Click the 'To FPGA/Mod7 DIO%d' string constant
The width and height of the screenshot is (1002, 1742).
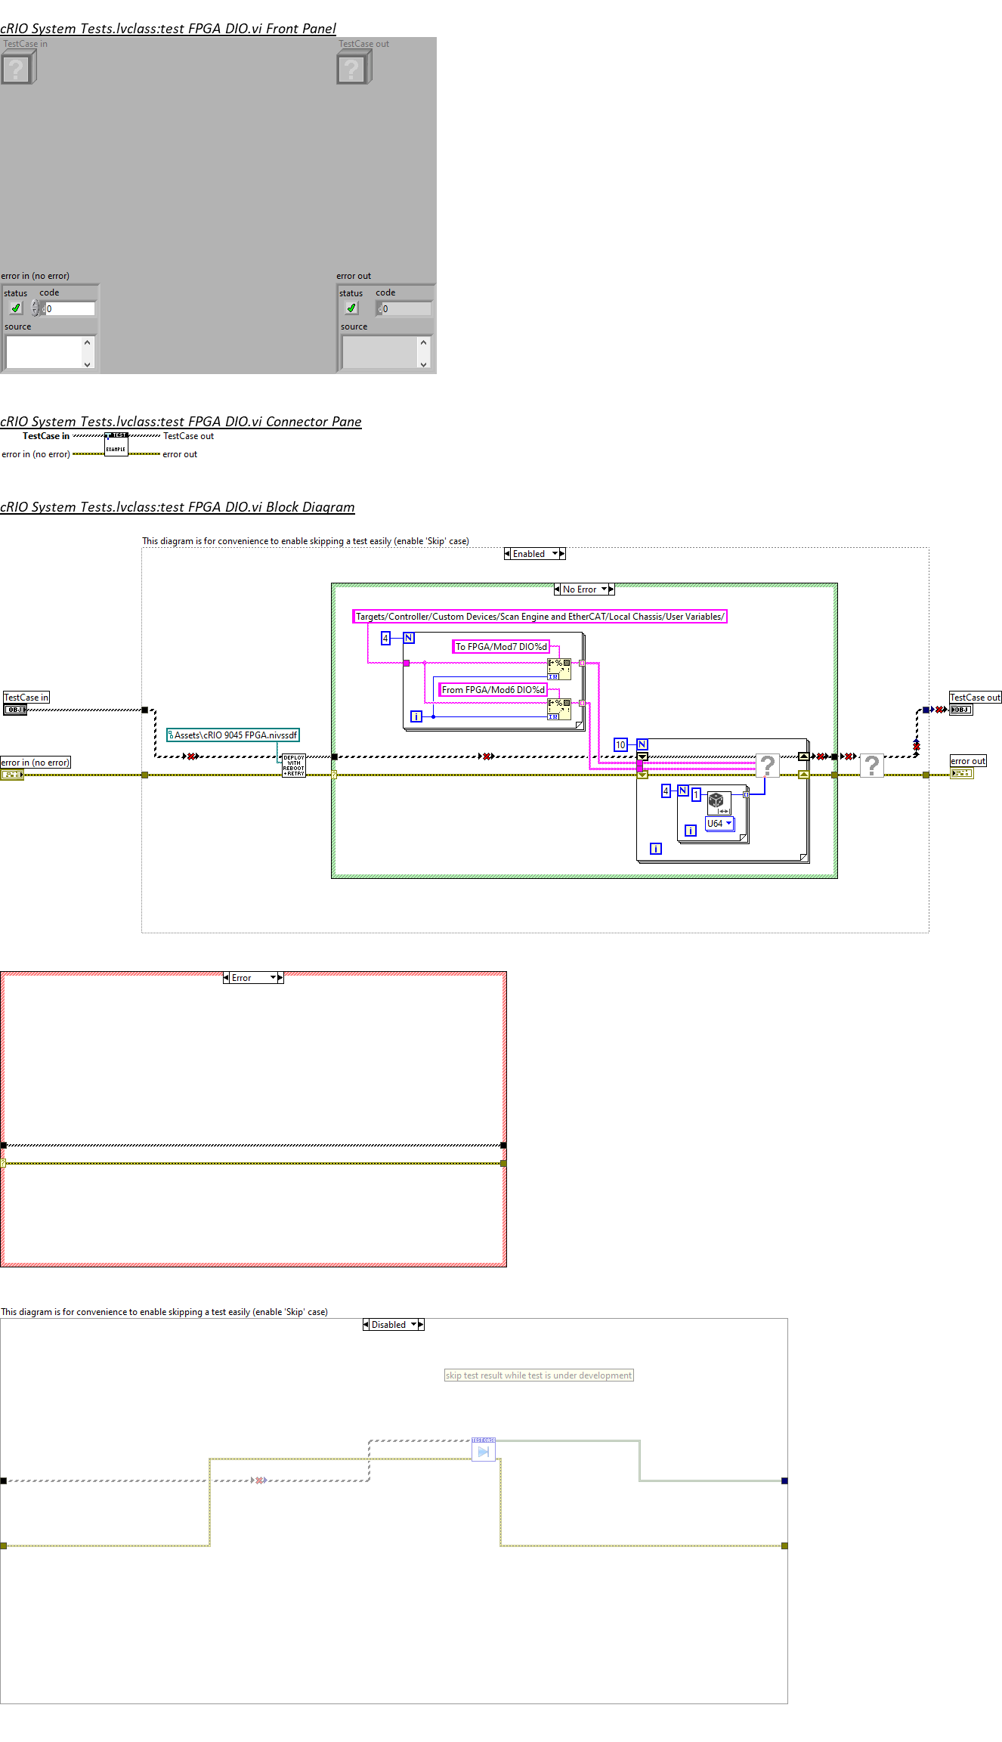click(x=500, y=647)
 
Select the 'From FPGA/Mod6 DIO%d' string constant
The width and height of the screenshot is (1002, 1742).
click(x=493, y=690)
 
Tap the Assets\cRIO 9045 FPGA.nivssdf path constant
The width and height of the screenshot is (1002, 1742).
click(x=233, y=735)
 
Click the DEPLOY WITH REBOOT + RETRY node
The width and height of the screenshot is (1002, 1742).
click(x=294, y=766)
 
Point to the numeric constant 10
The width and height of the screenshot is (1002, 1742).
click(x=620, y=745)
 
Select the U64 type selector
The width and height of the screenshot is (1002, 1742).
click(x=719, y=824)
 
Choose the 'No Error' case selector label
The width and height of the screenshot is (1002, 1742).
click(x=580, y=589)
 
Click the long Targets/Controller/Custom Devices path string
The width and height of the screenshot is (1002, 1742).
click(x=540, y=617)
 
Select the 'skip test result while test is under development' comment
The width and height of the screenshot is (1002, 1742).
click(x=538, y=1375)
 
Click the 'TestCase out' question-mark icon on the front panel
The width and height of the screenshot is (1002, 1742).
click(x=353, y=69)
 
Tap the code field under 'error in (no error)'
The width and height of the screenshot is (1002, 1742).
click(x=70, y=308)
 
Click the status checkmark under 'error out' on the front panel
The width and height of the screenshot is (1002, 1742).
click(x=351, y=308)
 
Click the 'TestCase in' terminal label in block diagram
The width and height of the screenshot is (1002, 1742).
click(x=26, y=698)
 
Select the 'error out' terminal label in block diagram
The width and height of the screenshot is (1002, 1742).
click(x=968, y=761)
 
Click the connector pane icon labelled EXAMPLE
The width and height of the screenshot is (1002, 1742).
click(x=116, y=444)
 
